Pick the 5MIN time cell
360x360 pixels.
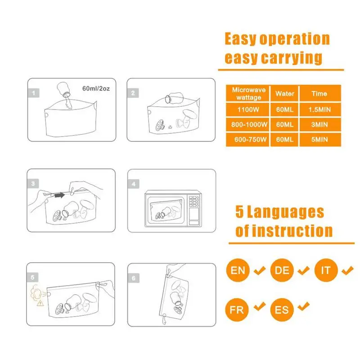click(319, 139)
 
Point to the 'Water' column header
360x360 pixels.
click(284, 94)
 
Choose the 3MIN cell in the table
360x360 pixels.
click(319, 124)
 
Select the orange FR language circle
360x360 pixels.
click(238, 310)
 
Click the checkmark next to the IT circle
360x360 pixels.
click(347, 270)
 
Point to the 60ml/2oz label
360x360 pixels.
click(96, 88)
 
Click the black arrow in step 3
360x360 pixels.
click(58, 195)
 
